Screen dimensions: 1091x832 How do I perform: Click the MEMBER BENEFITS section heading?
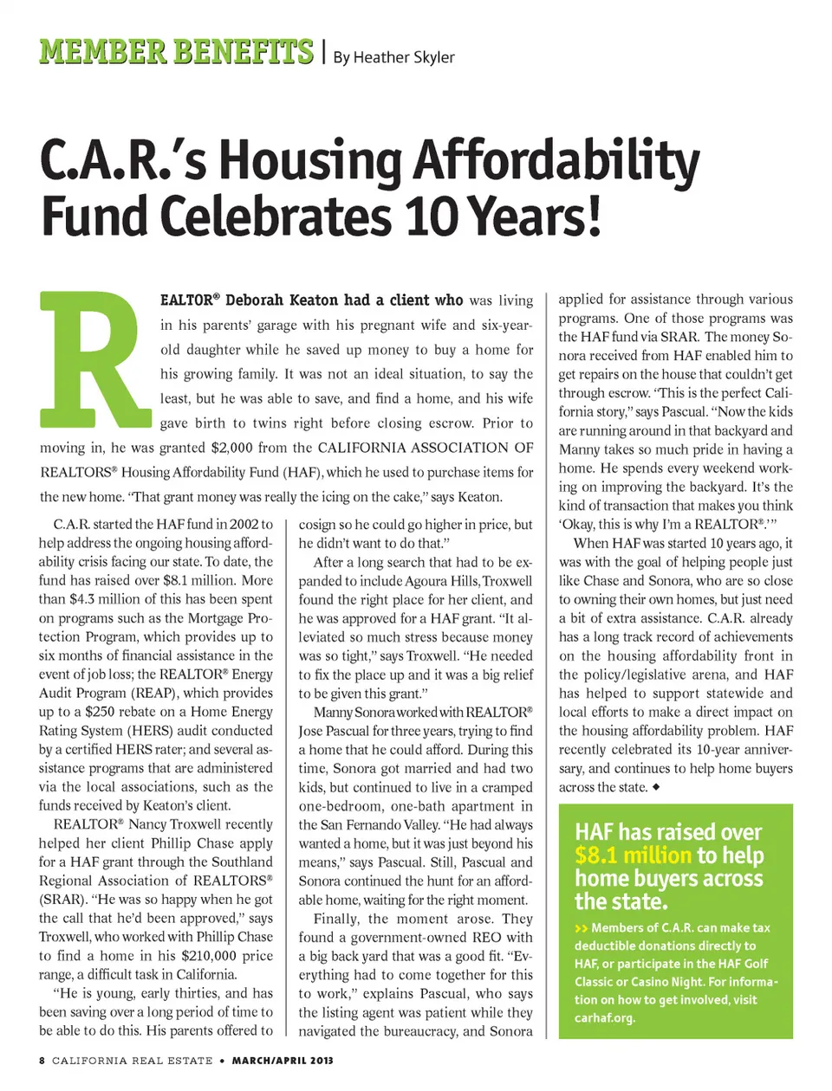(x=176, y=52)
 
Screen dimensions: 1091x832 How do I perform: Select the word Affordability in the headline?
(x=556, y=161)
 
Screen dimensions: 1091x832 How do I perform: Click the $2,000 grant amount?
(x=232, y=448)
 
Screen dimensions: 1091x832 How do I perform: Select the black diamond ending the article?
(x=656, y=787)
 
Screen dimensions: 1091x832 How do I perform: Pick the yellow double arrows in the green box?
(x=581, y=928)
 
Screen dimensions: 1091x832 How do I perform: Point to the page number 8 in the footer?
(x=42, y=1061)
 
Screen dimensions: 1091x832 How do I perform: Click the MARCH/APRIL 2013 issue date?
(x=283, y=1061)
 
